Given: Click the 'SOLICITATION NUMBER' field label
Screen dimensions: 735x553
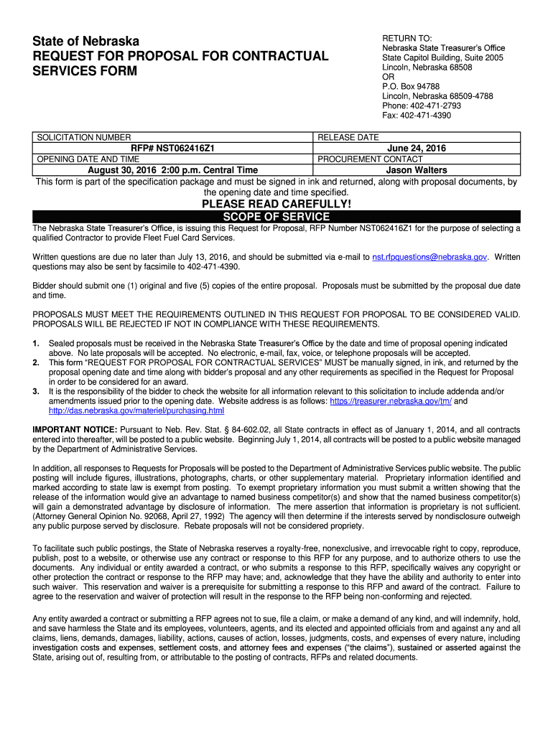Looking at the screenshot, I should click(84, 137).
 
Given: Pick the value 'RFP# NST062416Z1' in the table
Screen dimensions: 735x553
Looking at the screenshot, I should click(173, 148).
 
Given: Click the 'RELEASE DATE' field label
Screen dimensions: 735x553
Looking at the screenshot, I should click(348, 137).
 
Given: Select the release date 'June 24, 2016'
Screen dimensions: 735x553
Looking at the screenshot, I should click(417, 148).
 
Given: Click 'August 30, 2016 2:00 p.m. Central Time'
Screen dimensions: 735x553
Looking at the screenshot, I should click(173, 170).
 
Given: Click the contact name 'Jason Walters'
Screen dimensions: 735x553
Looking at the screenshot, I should click(417, 170).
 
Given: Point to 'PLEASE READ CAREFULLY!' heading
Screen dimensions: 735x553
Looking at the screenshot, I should click(276, 205).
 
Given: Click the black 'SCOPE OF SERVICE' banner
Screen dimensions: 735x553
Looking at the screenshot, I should click(276, 217).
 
